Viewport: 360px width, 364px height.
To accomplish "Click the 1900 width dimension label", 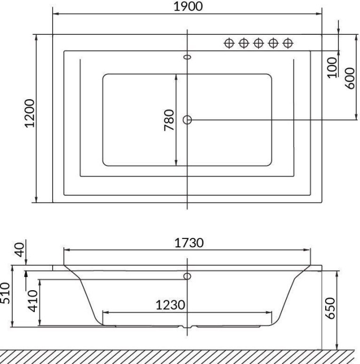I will click(x=187, y=6).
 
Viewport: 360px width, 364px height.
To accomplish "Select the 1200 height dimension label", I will click(x=30, y=112).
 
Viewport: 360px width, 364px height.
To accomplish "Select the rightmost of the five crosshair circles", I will click(x=288, y=43).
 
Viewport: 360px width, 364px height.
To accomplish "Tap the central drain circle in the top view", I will click(x=187, y=120).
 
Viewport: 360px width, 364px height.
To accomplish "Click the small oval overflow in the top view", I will click(x=187, y=56).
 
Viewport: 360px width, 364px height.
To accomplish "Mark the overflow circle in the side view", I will click(x=187, y=276).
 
